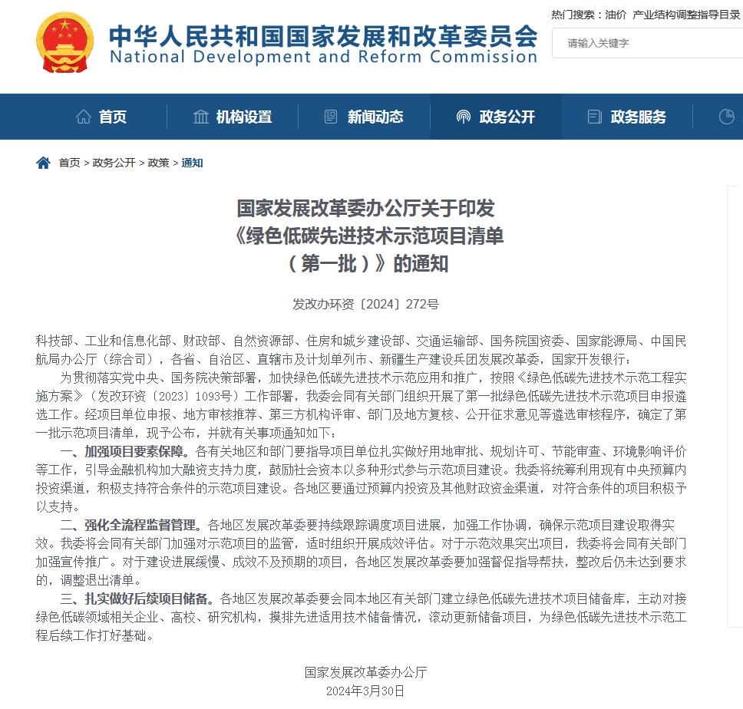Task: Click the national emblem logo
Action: click(64, 41)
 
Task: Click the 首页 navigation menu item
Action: click(102, 117)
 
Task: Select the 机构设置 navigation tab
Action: click(233, 117)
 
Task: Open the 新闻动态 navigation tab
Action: click(365, 117)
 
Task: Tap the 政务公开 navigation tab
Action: click(496, 117)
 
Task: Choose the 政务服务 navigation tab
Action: click(628, 117)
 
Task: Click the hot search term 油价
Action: click(616, 14)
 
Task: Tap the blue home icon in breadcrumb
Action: click(44, 163)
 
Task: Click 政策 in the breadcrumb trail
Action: click(158, 163)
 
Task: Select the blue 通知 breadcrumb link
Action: click(192, 163)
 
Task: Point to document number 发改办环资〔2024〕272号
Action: click(365, 304)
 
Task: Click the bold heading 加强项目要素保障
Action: click(138, 451)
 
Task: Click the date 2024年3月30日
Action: click(365, 691)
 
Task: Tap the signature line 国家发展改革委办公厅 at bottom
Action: click(365, 672)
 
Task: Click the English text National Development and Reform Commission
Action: click(323, 57)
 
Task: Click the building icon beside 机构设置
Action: click(201, 117)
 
